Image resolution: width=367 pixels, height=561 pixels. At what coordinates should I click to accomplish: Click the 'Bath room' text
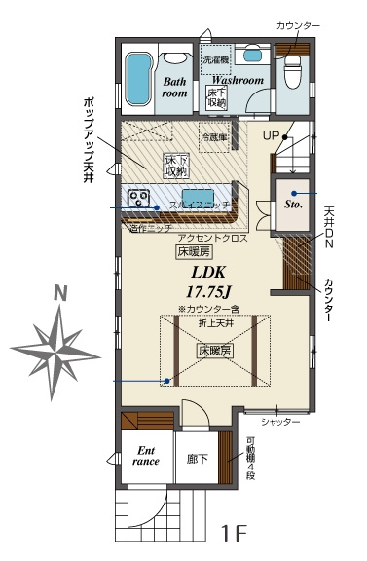(174, 89)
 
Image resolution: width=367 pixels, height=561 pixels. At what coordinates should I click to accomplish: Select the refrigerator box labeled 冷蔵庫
(213, 136)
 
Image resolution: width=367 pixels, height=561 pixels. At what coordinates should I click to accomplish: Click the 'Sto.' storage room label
(293, 206)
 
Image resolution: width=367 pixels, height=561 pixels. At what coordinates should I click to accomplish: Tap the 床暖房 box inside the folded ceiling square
(215, 349)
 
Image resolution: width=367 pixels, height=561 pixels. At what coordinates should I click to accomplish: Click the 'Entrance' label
(145, 456)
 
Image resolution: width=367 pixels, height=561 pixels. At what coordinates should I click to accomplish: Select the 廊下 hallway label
(199, 458)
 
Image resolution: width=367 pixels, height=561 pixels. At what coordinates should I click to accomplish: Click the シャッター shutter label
(280, 422)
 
